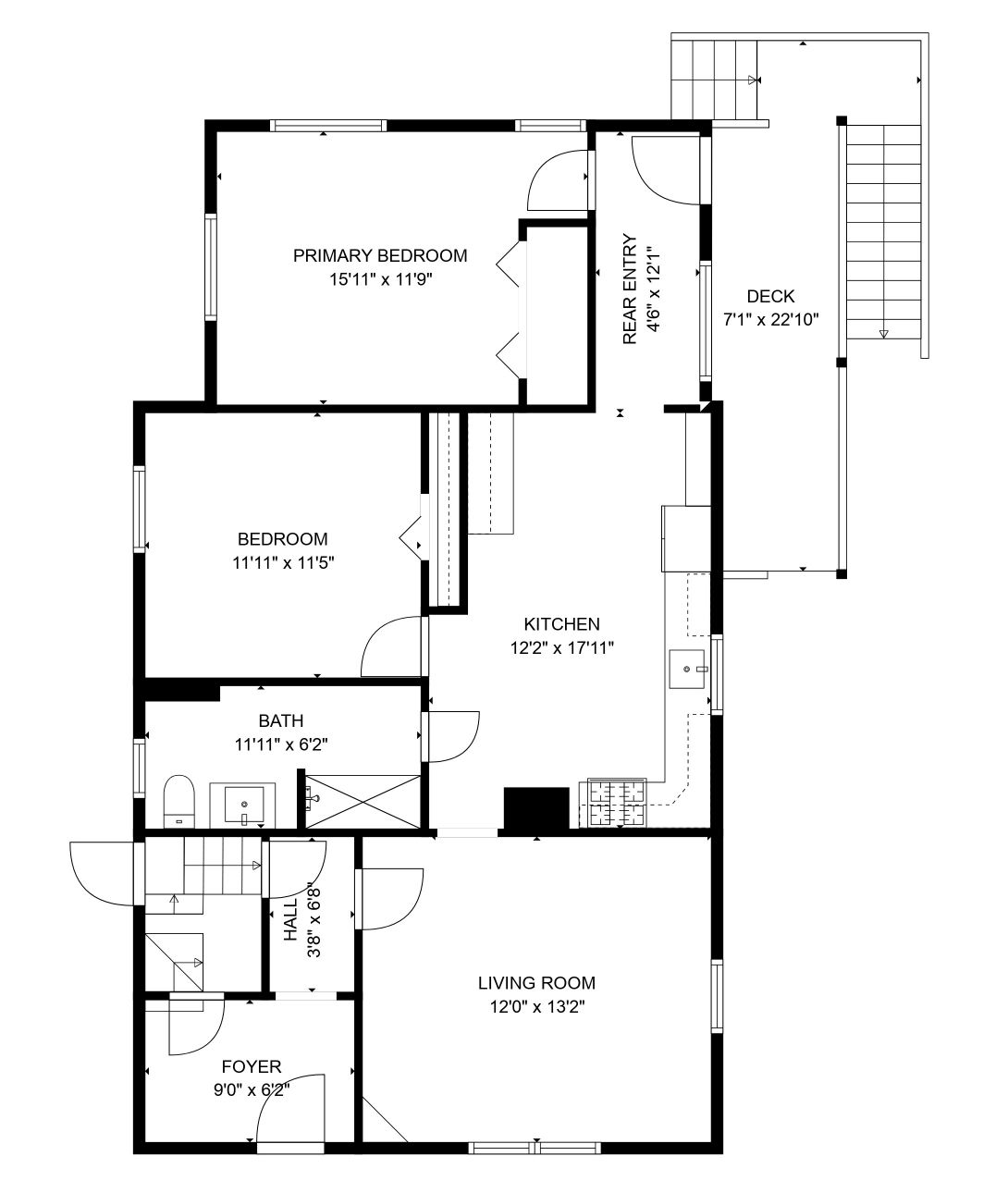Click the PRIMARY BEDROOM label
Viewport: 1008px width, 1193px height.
380,255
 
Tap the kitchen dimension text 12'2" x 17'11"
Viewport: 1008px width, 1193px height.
561,648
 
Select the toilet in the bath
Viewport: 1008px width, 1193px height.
178,801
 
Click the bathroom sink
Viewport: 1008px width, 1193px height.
244,805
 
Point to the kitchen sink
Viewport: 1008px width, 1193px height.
687,669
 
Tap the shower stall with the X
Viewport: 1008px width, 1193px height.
363,801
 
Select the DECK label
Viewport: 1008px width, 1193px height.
771,296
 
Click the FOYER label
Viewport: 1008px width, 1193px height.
252,1066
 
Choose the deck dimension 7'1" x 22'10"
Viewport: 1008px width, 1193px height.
771,319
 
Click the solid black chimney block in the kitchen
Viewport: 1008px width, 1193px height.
536,808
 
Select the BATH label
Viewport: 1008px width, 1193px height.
280,720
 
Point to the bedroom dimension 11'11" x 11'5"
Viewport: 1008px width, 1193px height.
283,563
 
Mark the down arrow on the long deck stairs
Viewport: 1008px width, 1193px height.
884,334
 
